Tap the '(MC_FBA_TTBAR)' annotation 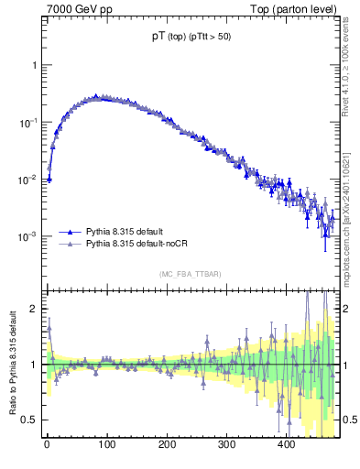point(190,274)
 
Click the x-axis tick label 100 point(106,445)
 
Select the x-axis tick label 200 point(167,445)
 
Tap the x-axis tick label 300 point(226,445)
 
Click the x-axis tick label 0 point(47,445)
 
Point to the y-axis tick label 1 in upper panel point(34,66)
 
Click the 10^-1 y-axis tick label point(29,123)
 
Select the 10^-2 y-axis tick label point(29,180)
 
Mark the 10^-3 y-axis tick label point(29,236)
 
